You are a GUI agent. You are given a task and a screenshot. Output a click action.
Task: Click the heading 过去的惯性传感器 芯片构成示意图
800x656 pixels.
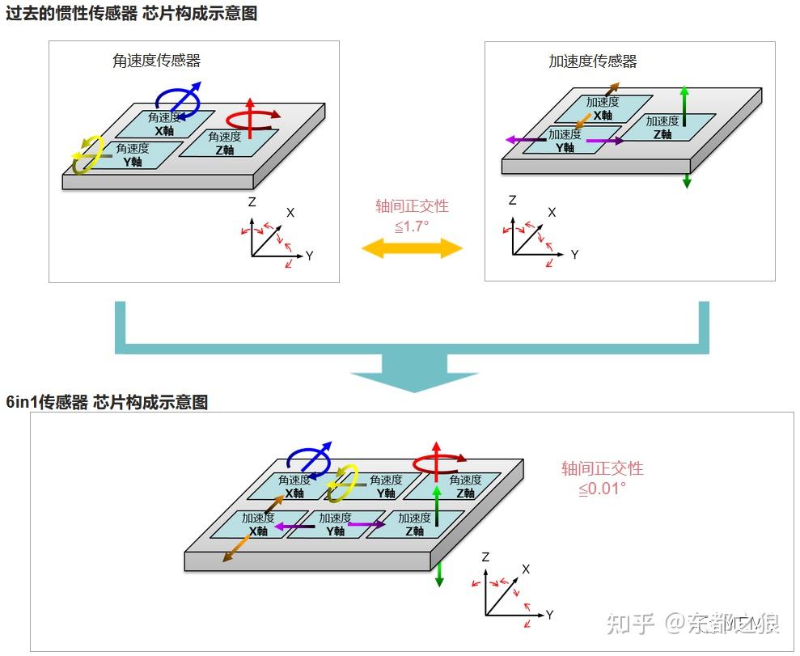coord(131,14)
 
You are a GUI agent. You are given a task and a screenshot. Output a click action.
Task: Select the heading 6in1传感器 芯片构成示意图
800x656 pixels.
coord(107,402)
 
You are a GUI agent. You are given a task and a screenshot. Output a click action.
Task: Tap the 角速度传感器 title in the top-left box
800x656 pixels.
coord(156,60)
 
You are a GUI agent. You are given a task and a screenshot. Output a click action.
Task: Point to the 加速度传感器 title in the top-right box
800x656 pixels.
coord(592,61)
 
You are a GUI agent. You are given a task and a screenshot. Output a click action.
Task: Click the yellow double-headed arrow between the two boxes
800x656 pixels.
coord(412,248)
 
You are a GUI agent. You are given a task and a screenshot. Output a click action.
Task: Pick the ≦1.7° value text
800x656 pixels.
coord(412,226)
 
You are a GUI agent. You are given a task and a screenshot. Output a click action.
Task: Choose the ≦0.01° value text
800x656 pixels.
coord(602,489)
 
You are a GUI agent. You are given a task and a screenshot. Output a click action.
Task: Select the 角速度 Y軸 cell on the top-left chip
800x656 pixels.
coord(136,154)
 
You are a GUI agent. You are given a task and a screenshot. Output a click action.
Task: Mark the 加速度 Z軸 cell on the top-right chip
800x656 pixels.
coord(665,127)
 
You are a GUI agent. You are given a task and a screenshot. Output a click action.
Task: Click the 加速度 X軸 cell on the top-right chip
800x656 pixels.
coord(605,108)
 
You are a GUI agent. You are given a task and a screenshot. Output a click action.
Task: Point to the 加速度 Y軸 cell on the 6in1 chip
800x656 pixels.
coord(335,524)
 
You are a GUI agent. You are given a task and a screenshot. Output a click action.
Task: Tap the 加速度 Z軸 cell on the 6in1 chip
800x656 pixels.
coord(414,524)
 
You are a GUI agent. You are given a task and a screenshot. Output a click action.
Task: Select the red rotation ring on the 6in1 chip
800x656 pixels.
coord(435,463)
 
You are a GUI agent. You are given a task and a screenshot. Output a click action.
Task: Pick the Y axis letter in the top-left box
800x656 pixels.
coord(309,256)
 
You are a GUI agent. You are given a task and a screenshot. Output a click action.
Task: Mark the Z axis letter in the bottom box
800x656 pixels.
coord(485,557)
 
